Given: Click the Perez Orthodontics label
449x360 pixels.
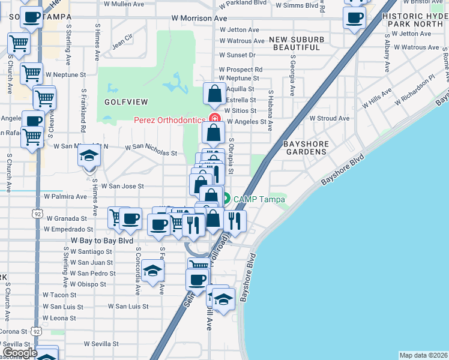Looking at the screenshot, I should [x=169, y=119].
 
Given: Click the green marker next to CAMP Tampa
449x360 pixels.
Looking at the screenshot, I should [x=227, y=199].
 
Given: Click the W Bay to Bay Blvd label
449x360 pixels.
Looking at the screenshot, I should [x=102, y=240].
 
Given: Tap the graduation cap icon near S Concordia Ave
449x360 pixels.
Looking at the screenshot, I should [x=153, y=271].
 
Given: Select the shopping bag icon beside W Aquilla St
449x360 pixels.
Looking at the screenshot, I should [x=214, y=94].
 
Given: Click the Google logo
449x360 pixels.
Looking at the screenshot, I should [x=20, y=353].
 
